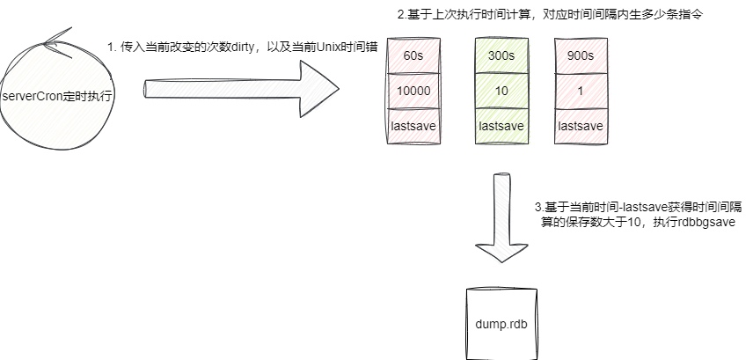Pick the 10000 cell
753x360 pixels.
coord(413,92)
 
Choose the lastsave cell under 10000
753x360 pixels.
coord(413,126)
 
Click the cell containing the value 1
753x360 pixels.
coord(581,92)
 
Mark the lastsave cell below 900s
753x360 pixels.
coord(581,126)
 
